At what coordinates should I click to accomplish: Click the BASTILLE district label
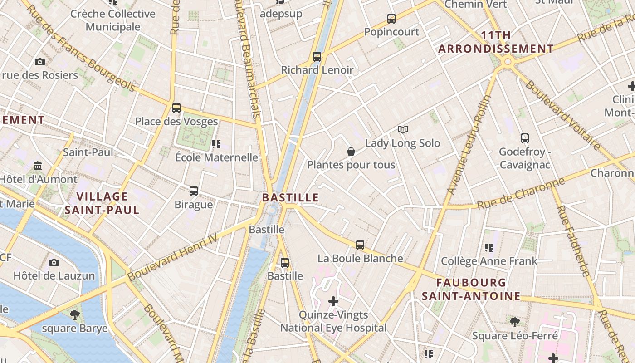tap(290, 198)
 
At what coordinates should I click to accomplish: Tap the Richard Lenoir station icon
tap(317, 57)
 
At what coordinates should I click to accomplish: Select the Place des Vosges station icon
tap(176, 108)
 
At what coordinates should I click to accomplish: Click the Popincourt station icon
tap(391, 19)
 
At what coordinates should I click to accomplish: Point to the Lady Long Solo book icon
tap(402, 130)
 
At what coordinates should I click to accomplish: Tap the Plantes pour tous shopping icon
tap(351, 152)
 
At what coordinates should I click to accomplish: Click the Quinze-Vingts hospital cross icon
tap(333, 301)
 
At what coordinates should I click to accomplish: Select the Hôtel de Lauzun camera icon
tap(54, 262)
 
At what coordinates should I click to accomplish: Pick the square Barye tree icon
tap(75, 314)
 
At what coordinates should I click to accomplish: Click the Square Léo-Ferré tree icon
tap(514, 322)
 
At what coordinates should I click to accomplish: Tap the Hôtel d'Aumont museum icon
tap(38, 166)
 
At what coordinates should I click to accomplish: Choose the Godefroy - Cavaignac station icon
tap(524, 138)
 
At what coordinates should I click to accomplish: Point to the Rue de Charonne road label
tap(521, 193)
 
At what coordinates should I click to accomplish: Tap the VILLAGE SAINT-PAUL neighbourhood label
tap(102, 203)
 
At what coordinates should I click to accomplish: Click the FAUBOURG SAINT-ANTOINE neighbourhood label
tap(471, 289)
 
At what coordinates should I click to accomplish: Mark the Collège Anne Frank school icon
tap(489, 248)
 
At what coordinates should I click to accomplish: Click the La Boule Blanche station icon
tap(360, 245)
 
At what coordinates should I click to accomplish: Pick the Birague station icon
tap(194, 191)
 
